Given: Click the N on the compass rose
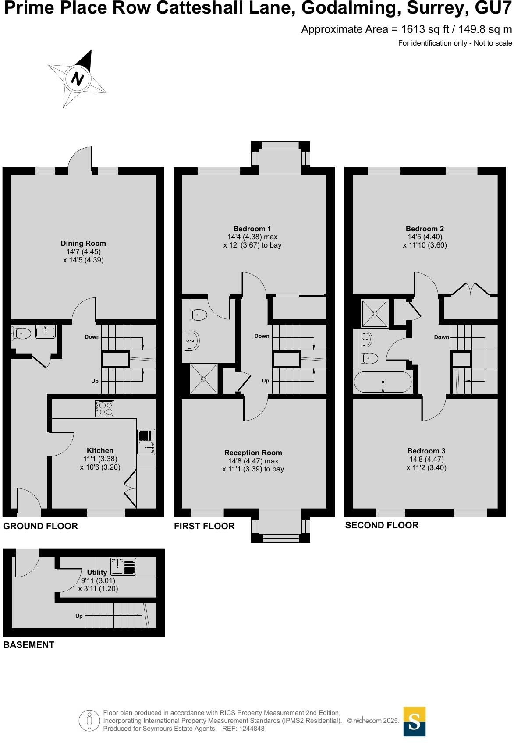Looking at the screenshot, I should click(78, 79).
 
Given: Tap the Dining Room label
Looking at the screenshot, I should click(83, 243).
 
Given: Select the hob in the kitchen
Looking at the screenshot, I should click(105, 408).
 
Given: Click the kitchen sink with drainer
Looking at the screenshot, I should click(146, 442).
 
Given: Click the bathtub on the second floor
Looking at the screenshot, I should click(383, 382).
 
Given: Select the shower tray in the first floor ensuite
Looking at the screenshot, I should click(204, 378).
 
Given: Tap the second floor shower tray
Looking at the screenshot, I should click(375, 313).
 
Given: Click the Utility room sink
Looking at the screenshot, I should click(123, 566).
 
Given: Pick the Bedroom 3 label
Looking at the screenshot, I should click(426, 451).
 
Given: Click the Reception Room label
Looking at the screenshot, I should click(253, 453).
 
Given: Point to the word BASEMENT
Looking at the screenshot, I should click(29, 645).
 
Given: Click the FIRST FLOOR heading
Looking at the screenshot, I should click(204, 526).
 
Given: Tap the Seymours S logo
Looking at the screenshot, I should click(414, 722).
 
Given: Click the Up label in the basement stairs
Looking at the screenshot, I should click(79, 616).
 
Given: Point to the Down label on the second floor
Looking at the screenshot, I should click(441, 337).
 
